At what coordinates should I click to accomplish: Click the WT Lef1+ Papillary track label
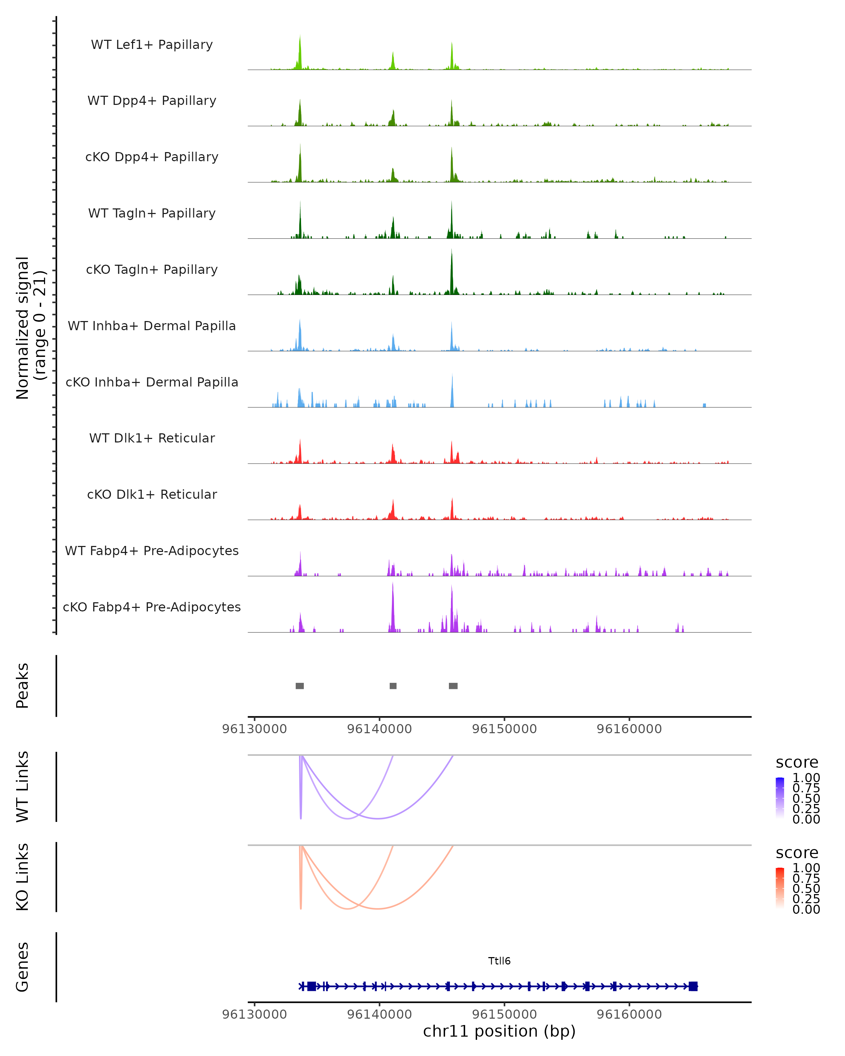coord(152,45)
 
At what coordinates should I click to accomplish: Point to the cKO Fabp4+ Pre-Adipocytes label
coord(152,607)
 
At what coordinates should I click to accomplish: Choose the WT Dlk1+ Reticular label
coord(152,438)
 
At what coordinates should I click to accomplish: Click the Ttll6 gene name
coord(499,961)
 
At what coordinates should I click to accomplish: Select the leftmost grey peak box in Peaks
coord(300,686)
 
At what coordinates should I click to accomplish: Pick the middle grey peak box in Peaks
coord(393,686)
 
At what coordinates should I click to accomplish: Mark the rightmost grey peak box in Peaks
coord(453,686)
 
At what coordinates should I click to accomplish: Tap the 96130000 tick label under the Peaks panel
coord(254,729)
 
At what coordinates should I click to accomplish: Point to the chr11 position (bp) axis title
coord(499,1031)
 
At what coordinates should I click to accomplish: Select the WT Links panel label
coord(23,787)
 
